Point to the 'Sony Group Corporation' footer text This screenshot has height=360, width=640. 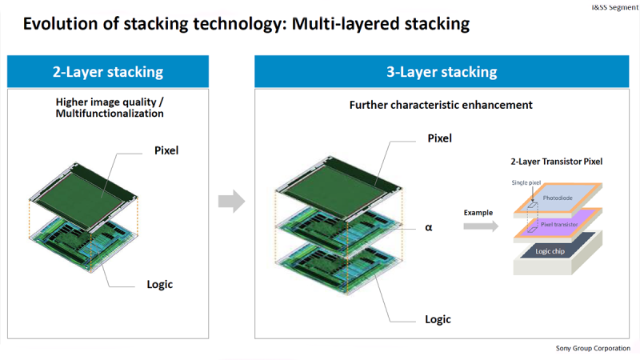593,348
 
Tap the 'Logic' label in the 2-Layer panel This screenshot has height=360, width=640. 159,284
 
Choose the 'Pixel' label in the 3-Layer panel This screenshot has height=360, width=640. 439,138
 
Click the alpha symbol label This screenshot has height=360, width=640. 429,227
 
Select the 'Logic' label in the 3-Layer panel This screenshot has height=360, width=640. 438,319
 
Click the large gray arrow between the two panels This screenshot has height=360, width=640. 231,202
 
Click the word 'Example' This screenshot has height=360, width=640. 478,213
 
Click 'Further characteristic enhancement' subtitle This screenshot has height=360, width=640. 441,105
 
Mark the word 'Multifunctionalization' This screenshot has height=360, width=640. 110,114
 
